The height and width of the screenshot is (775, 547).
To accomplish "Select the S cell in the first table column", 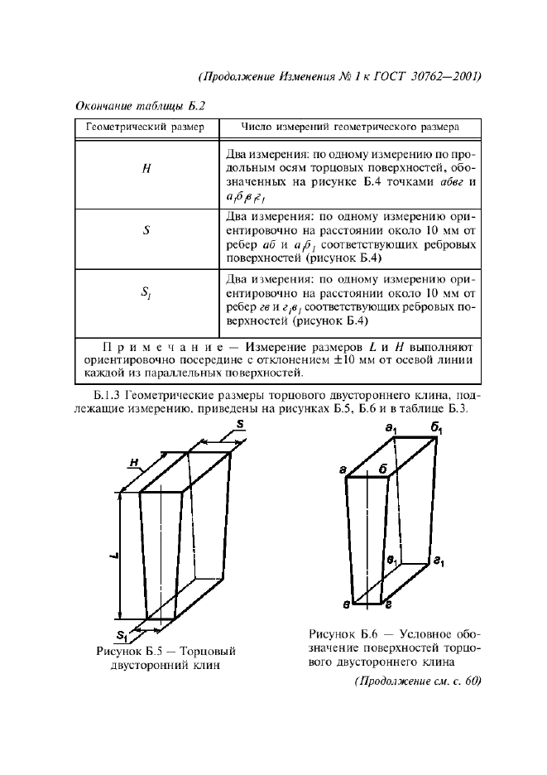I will (x=146, y=233).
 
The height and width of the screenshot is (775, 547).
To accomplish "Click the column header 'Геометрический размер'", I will (x=146, y=128).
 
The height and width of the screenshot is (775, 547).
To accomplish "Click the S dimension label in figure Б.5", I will (x=238, y=425).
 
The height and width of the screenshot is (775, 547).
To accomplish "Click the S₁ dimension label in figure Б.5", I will (x=122, y=636).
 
